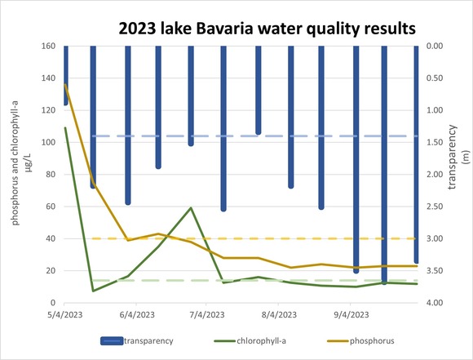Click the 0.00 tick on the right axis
(435, 46)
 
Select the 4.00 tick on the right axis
(435, 303)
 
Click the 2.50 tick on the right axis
(435, 207)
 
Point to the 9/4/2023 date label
(350, 314)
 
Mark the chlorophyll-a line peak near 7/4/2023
(191, 207)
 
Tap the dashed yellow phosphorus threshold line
(245, 238)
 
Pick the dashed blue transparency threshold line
(245, 136)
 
